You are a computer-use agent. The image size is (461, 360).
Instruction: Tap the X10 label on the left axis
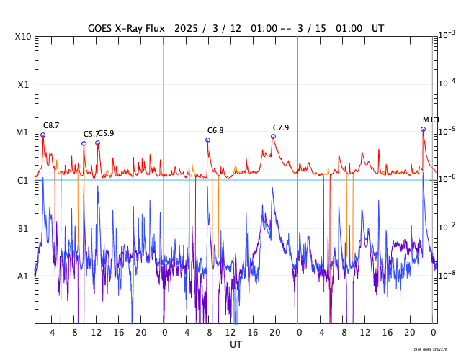coord(23,37)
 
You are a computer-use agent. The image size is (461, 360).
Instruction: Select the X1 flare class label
coord(23,84)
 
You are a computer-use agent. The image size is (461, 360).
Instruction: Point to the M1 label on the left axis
coord(23,132)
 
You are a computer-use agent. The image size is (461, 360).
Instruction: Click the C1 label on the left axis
coord(23,180)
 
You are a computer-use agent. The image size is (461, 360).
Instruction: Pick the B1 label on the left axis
coord(23,228)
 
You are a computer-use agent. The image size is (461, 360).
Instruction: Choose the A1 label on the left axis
coord(23,276)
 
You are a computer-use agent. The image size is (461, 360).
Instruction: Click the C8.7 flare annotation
coord(51,125)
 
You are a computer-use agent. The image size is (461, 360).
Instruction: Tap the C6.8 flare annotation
coord(215,130)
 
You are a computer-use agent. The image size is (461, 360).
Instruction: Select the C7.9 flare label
coord(281,127)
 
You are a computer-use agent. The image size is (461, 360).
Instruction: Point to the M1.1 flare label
coord(431,120)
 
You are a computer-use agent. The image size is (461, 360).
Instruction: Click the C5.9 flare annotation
coord(107,133)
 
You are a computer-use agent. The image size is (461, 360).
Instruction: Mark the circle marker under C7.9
coord(273,136)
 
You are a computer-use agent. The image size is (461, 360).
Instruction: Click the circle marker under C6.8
coord(207,140)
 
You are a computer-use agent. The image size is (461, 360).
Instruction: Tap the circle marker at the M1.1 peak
coord(423,130)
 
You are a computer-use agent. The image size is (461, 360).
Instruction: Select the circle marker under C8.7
coord(42,135)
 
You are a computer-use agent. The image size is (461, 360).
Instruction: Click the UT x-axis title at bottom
coord(236,345)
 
